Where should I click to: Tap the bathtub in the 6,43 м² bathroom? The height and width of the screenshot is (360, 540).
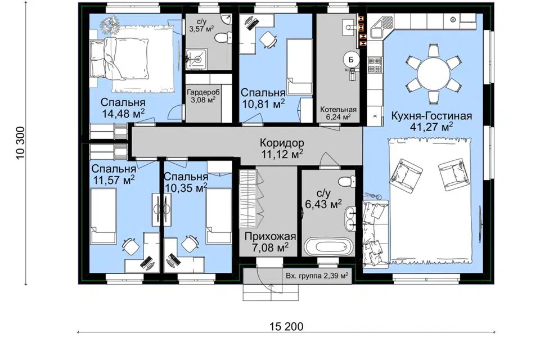click(x=327, y=246)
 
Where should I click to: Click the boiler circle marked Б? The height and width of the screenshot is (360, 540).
click(x=351, y=60)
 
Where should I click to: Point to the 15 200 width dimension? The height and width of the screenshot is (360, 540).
click(x=286, y=326)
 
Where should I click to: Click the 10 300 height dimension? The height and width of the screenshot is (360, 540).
click(x=21, y=143)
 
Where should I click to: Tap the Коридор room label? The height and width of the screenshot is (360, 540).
click(x=282, y=142)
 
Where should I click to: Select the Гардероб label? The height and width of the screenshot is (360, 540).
click(x=203, y=92)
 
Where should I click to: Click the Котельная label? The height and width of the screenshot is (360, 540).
click(x=338, y=110)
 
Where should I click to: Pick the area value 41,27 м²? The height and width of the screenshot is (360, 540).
click(x=431, y=127)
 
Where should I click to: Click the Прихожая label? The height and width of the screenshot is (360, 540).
click(x=271, y=237)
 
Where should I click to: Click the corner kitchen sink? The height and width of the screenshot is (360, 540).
click(x=383, y=26)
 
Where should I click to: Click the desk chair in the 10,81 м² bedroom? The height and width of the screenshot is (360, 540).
click(x=268, y=39)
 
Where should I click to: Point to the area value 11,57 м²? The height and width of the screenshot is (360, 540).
click(x=114, y=180)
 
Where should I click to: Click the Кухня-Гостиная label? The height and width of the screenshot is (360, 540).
click(x=431, y=116)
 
